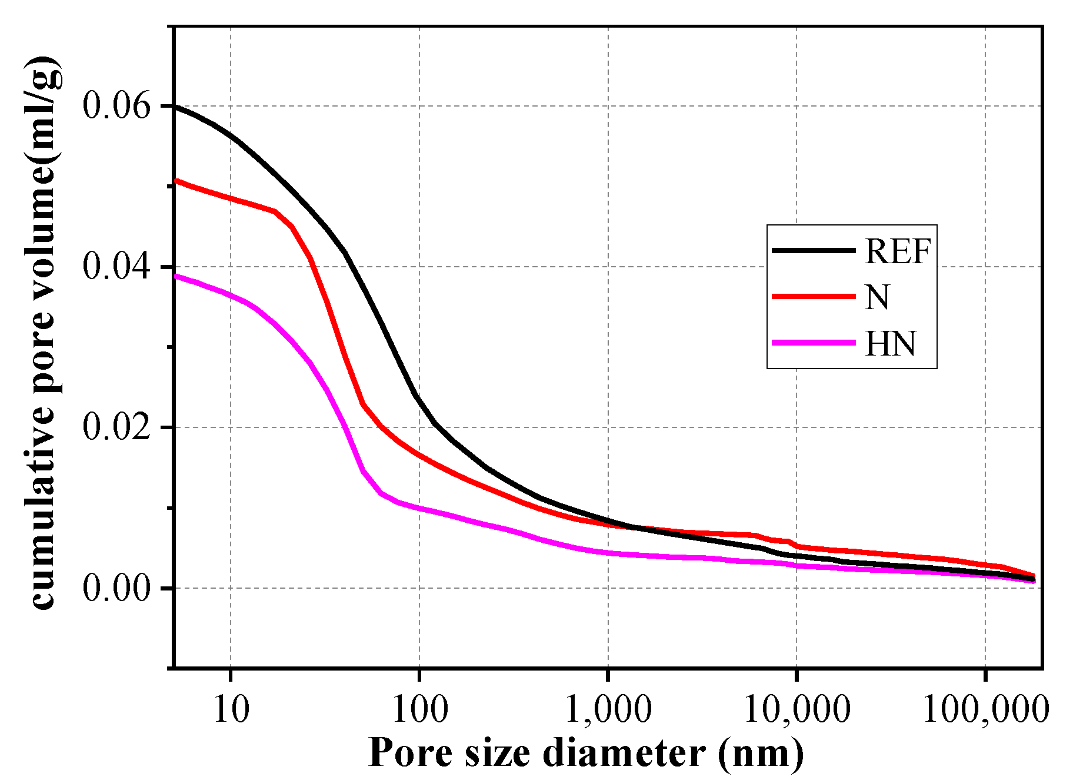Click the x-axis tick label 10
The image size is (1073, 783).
[231, 709]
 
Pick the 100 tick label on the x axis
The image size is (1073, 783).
[419, 709]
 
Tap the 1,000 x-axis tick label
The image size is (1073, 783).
[608, 709]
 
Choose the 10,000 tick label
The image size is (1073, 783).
[797, 709]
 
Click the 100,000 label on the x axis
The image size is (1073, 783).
[985, 709]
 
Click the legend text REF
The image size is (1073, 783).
[898, 252]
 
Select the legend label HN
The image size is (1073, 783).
[891, 344]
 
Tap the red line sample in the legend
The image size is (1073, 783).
[814, 297]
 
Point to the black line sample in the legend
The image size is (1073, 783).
[814, 250]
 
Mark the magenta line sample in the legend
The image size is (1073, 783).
[814, 343]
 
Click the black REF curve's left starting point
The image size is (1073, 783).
[175, 106]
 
